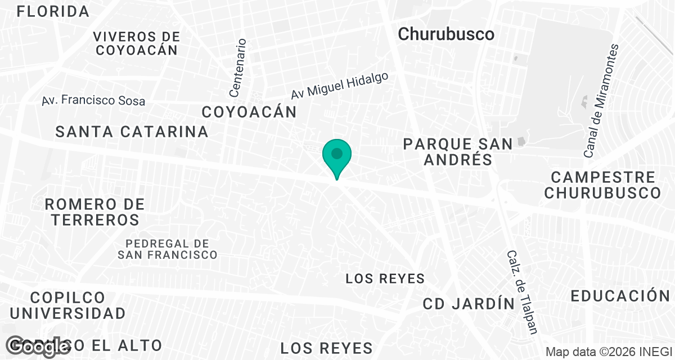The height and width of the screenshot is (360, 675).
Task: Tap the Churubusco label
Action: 446,34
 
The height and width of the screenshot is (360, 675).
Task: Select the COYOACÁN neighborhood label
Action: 249,112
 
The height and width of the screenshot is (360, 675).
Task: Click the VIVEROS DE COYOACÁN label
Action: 137,43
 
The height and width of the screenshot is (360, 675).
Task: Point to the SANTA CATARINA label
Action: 132,132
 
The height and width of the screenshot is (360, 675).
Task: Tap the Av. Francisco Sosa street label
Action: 93,101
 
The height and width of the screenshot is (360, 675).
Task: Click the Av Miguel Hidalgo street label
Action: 340,86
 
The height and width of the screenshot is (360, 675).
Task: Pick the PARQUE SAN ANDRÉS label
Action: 458,152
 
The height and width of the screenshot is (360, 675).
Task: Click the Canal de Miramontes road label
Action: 601,101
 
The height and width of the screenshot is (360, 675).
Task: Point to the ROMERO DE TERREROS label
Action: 94,211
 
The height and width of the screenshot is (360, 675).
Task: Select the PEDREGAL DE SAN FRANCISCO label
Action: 168,249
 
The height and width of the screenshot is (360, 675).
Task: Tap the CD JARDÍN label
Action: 469,304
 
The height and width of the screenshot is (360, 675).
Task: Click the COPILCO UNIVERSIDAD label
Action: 67,305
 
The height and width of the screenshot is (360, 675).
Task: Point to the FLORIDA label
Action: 53,11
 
